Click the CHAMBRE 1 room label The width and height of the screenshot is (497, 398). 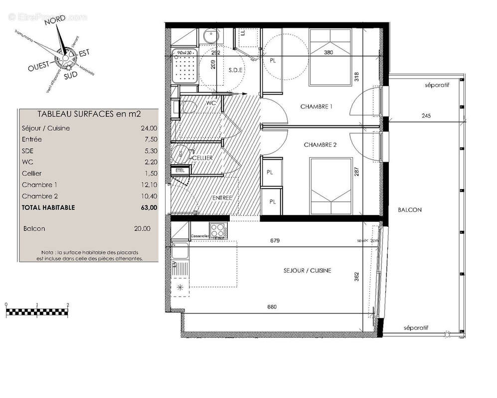tap(316, 107)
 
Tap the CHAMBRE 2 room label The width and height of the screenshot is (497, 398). tap(321, 145)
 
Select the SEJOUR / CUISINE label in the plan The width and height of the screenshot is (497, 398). tap(308, 271)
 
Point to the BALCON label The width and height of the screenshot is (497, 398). tap(410, 210)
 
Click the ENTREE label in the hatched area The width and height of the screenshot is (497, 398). tap(222, 198)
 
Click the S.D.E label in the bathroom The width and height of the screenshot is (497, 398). tap(235, 70)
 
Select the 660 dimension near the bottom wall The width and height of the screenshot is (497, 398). tap(272, 307)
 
